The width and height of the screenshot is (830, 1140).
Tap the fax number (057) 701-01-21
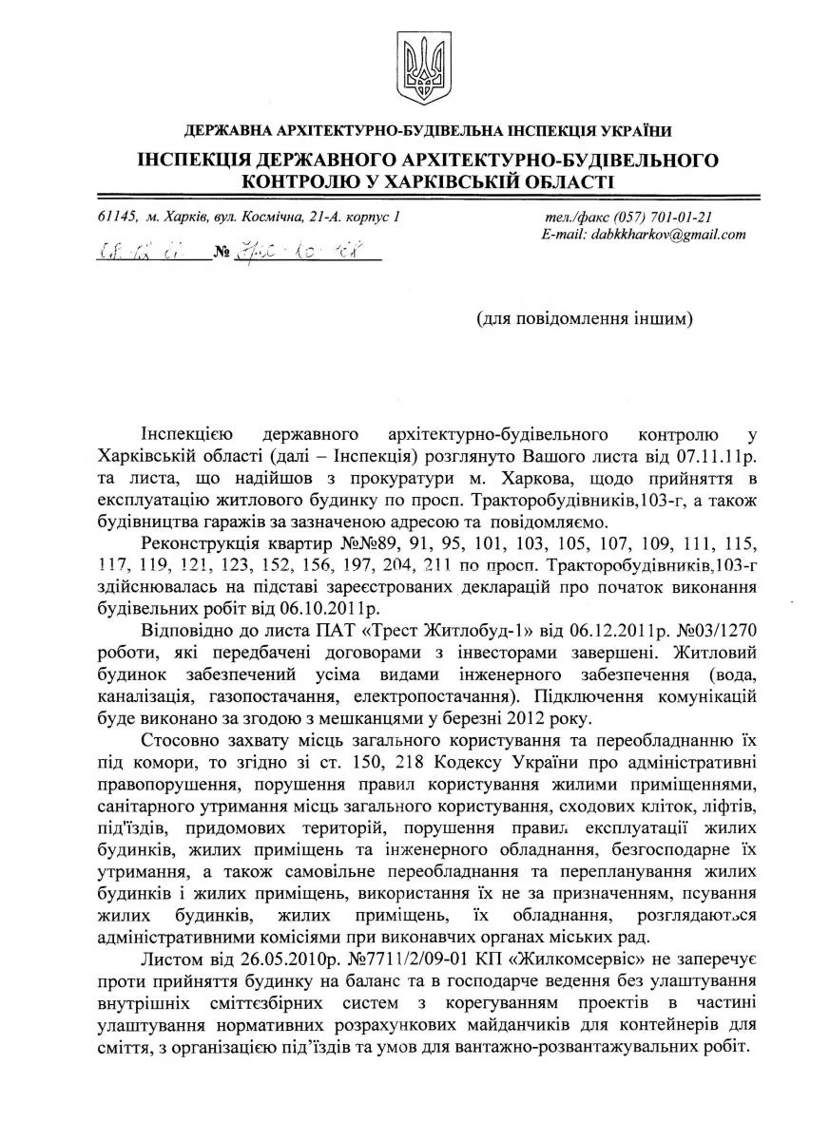click(665, 217)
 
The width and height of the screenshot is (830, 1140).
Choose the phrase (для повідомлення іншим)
click(585, 317)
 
